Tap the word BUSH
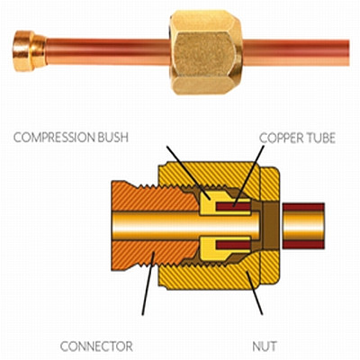(113, 138)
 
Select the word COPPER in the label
(280, 138)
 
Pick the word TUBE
(319, 138)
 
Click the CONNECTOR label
(96, 346)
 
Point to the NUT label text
(265, 346)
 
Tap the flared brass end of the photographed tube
(30, 51)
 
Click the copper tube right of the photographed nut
(295, 53)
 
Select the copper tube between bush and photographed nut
(108, 51)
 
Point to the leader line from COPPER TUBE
(248, 176)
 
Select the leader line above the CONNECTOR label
(148, 283)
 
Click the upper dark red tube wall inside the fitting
(233, 207)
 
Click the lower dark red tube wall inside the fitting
(233, 246)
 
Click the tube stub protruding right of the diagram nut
(303, 226)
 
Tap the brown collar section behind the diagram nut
(269, 226)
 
